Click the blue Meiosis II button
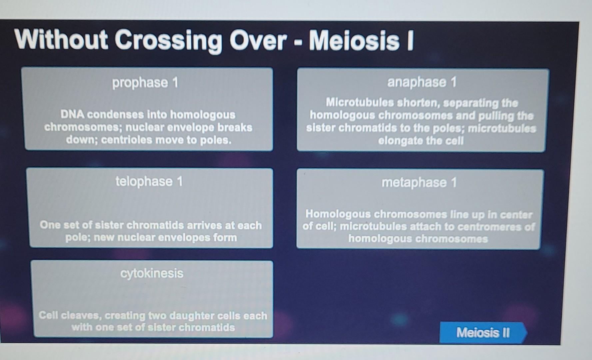pyautogui.click(x=483, y=332)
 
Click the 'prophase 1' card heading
pyautogui.click(x=145, y=83)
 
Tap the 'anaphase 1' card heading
pyautogui.click(x=421, y=82)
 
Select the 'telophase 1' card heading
pyautogui.click(x=149, y=182)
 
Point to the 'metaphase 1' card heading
pyautogui.click(x=419, y=183)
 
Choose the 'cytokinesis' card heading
pyautogui.click(x=152, y=273)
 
